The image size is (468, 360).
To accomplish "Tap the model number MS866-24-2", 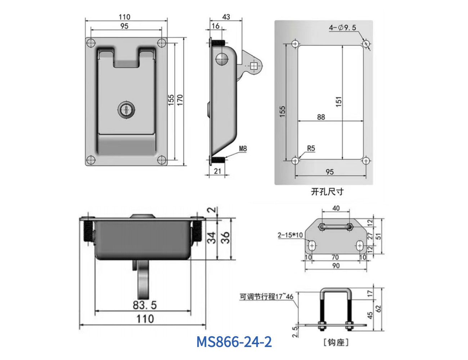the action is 234,342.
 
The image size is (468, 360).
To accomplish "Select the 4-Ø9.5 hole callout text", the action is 342,28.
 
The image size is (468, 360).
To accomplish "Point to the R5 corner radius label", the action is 311,148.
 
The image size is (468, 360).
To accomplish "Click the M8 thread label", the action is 243,149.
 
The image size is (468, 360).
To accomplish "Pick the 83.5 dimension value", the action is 144,305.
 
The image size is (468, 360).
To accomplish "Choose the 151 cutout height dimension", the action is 338,102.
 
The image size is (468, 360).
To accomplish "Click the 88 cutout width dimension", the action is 321,117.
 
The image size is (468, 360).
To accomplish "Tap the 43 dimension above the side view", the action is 226,17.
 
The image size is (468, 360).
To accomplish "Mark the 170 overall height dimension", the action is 180,100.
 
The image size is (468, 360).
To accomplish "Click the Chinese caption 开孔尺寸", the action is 327,192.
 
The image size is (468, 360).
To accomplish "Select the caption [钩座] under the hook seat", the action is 336,342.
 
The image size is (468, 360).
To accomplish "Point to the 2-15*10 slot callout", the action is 290,235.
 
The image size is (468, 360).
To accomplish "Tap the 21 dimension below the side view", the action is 217,171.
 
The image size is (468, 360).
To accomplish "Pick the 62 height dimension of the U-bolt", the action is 378,309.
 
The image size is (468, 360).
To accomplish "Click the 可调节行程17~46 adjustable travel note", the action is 266,297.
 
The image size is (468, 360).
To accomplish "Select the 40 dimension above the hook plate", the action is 336,208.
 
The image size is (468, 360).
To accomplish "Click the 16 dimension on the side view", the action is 215,26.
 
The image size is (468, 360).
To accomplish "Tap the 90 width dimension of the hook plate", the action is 336,266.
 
